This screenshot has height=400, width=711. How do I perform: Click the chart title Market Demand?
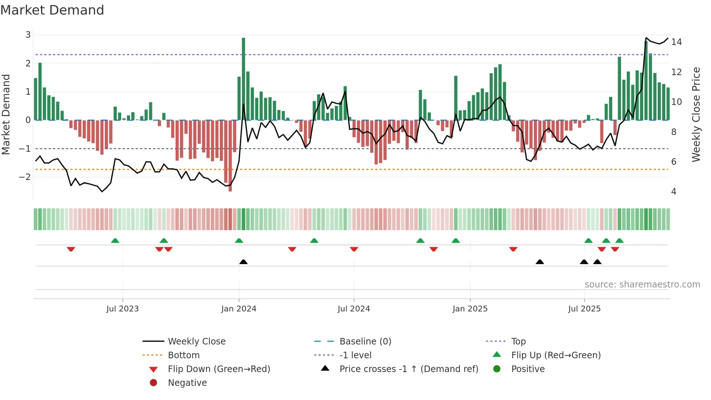click(52, 10)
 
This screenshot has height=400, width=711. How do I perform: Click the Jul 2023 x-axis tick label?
click(122, 309)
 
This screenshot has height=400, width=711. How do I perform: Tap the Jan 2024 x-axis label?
click(239, 309)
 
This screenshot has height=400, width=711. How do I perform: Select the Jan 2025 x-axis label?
click(470, 309)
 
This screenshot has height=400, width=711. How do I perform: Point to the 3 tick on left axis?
click(28, 35)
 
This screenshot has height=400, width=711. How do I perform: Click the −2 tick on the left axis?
click(25, 177)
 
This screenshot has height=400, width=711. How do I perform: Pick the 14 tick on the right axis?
click(676, 42)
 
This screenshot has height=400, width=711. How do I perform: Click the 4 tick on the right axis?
click(674, 192)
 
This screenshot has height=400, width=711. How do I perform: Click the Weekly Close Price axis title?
click(696, 114)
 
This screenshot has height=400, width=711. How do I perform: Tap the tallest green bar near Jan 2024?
click(243, 78)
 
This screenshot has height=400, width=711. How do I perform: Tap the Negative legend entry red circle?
click(153, 383)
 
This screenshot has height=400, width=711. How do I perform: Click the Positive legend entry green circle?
click(497, 369)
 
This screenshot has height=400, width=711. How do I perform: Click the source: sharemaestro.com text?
click(642, 285)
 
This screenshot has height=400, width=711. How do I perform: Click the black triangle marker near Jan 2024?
click(243, 262)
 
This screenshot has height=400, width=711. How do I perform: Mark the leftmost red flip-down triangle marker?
click(71, 249)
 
